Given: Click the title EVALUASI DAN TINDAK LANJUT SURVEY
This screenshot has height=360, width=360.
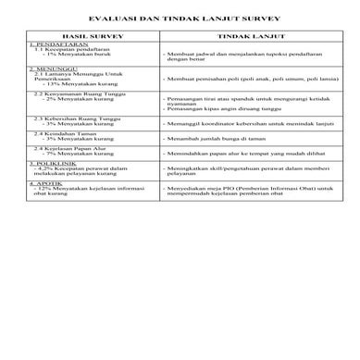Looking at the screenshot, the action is (180, 19).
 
